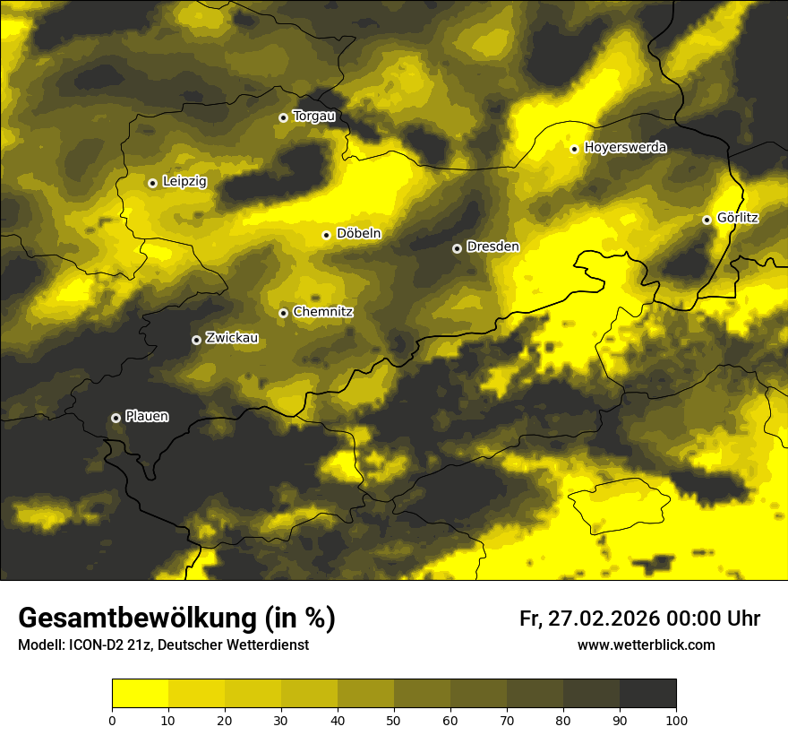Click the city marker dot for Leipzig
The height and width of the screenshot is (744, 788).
pyautogui.click(x=152, y=183)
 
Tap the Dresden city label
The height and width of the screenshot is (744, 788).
pyautogui.click(x=492, y=247)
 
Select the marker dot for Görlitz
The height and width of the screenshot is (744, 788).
pyautogui.click(x=707, y=220)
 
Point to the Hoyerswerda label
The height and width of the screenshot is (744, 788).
pyautogui.click(x=625, y=148)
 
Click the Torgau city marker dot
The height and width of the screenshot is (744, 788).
pyautogui.click(x=283, y=117)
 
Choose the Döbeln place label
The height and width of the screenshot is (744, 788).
pyautogui.click(x=358, y=234)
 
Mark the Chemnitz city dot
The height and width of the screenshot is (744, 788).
pyautogui.click(x=283, y=313)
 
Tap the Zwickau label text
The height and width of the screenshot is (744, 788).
pyautogui.click(x=232, y=338)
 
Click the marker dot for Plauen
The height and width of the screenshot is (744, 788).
pyautogui.click(x=116, y=418)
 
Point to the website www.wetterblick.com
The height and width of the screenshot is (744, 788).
pyautogui.click(x=646, y=645)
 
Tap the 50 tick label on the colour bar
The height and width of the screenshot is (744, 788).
pyautogui.click(x=394, y=720)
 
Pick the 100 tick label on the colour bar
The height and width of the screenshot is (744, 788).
pyautogui.click(x=675, y=720)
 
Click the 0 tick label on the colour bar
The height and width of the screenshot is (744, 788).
pyautogui.click(x=112, y=720)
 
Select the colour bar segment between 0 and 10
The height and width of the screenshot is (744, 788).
pyautogui.click(x=140, y=694)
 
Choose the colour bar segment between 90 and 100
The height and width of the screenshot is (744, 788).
pyautogui.click(x=647, y=694)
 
